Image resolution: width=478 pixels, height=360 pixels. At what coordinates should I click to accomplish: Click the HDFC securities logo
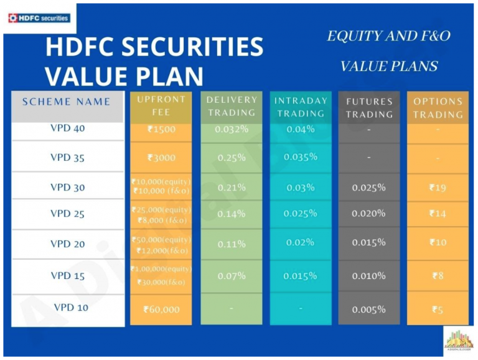point(39,18)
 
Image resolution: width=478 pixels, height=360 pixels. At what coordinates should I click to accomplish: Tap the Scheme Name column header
point(67,102)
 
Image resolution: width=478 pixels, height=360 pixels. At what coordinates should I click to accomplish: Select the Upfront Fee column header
point(161,106)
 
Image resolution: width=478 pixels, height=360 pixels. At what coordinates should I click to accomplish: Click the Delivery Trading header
point(232,107)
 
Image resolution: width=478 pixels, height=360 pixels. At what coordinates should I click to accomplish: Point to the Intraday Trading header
point(300,107)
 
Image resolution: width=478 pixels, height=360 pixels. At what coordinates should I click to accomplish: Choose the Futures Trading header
point(369,108)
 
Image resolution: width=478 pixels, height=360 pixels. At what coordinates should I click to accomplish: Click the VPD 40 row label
point(67,129)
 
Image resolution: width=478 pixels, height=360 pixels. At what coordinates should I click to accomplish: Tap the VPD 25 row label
point(67,214)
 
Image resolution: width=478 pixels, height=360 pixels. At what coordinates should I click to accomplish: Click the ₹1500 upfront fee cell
point(161,130)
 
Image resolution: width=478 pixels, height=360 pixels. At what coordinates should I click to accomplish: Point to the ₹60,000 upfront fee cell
point(161,309)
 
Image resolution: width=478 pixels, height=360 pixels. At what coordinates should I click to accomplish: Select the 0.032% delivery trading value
point(232,130)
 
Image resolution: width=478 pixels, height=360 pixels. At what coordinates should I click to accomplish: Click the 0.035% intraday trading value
point(300,157)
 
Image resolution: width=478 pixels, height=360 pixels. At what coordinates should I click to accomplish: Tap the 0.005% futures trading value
point(369,310)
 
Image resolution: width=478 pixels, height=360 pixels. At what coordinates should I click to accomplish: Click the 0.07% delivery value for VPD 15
point(232,275)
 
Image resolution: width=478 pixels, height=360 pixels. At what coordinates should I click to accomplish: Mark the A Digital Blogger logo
point(458,339)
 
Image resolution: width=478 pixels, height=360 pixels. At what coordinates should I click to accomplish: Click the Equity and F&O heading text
point(388,36)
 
